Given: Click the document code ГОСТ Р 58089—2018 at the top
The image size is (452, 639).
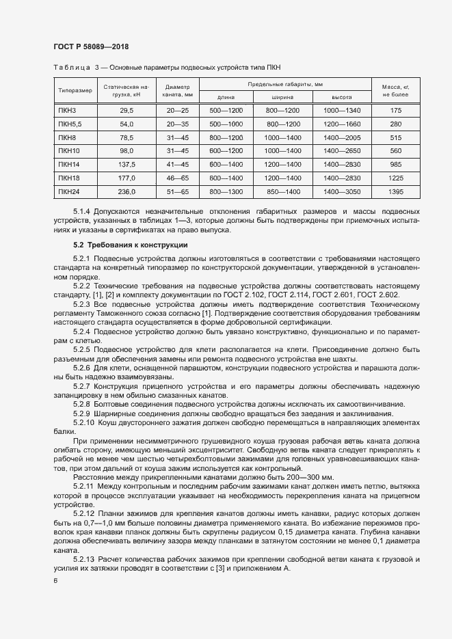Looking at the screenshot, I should pos(90,46).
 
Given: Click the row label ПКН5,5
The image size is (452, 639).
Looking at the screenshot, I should pos(70,124).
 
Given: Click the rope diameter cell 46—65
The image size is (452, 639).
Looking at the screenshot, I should pos(176,178).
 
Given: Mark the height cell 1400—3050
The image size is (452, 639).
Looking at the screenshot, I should pos(341,192).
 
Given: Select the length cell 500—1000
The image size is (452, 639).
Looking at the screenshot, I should pos(226,124).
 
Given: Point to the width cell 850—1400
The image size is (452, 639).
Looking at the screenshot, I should pos(282,192).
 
